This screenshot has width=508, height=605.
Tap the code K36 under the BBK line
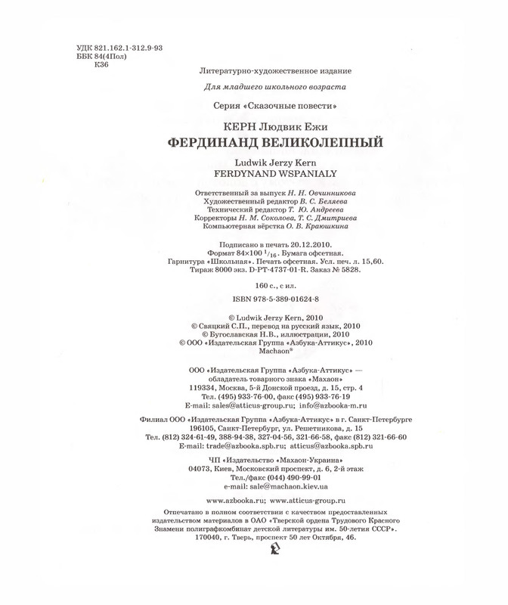pyautogui.click(x=98, y=65)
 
